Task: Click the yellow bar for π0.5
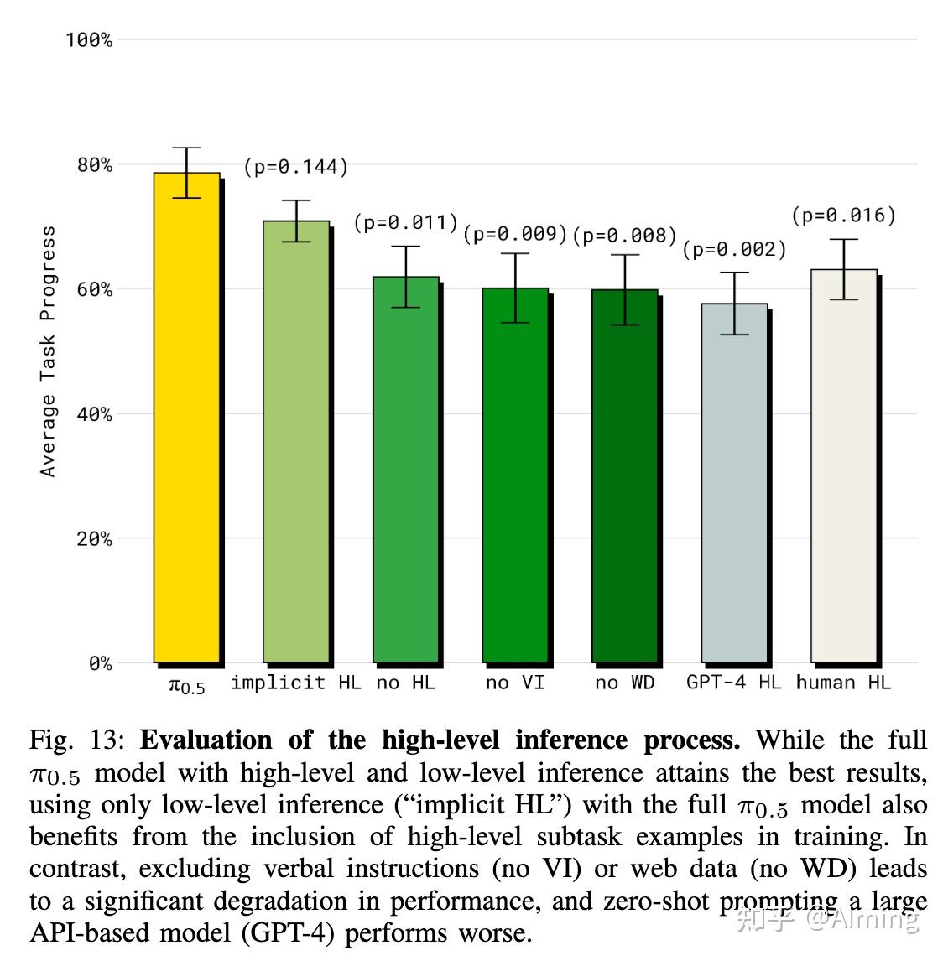point(186,419)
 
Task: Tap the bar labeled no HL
point(406,470)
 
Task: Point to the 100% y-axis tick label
point(89,40)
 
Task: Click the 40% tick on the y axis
point(94,414)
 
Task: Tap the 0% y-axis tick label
point(100,664)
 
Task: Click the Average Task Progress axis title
point(48,351)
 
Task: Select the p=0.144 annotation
point(295,167)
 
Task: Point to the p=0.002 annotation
point(734,249)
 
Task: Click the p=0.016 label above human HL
point(844,216)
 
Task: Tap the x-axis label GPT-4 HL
point(733,683)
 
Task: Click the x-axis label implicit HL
point(295,683)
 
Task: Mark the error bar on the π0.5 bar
point(186,173)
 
